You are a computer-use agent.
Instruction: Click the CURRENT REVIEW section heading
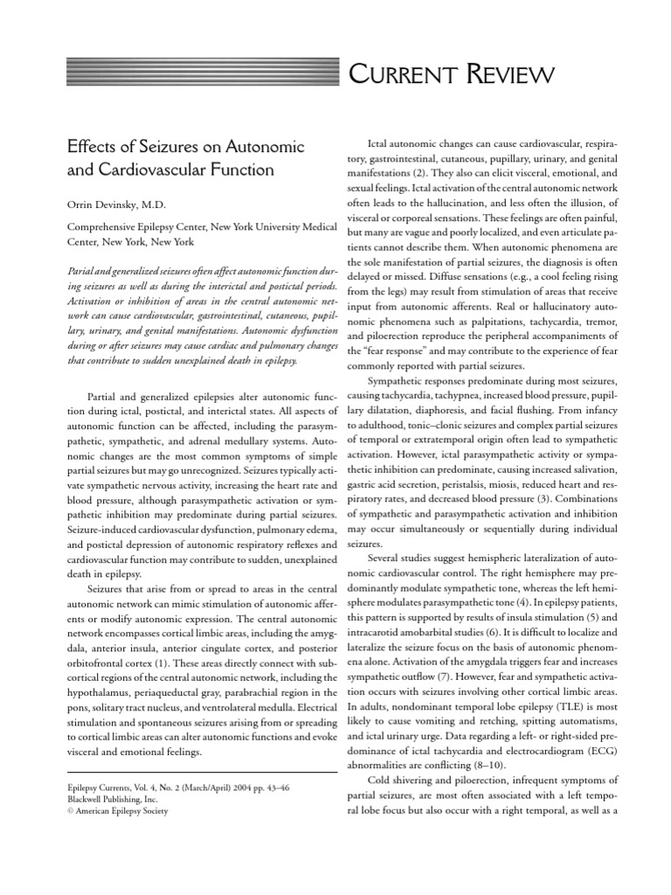pyautogui.click(x=451, y=75)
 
